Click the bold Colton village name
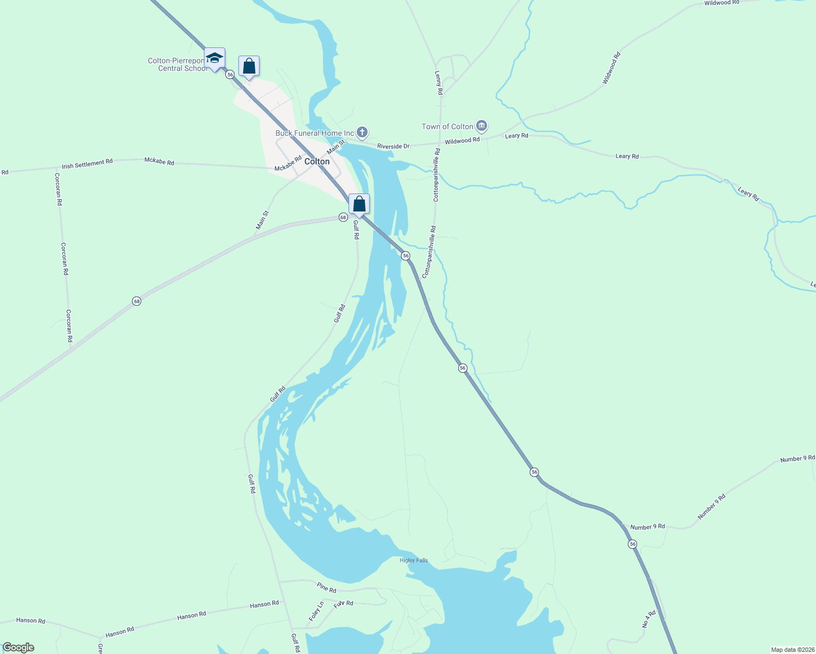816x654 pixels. tap(317, 161)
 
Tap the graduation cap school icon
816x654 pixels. tap(215, 58)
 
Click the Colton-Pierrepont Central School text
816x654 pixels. tap(178, 64)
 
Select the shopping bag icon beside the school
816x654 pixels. tap(249, 66)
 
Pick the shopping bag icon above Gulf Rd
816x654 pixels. tap(359, 204)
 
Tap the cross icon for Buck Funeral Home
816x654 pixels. tap(362, 132)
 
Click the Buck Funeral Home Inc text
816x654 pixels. tap(315, 133)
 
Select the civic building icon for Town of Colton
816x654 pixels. tap(481, 126)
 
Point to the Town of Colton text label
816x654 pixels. tap(447, 126)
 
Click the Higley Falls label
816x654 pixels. tap(413, 560)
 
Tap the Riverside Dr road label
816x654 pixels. tap(393, 146)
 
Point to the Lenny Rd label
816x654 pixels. tap(438, 83)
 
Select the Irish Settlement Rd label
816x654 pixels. tap(87, 163)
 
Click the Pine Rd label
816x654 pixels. tap(326, 588)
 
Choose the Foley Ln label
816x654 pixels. tap(316, 611)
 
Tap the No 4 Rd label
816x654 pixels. tap(649, 619)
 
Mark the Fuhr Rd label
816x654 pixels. tap(343, 603)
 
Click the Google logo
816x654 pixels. tap(19, 647)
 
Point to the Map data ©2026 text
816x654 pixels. tap(792, 650)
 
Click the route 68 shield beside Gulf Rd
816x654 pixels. tap(343, 217)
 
